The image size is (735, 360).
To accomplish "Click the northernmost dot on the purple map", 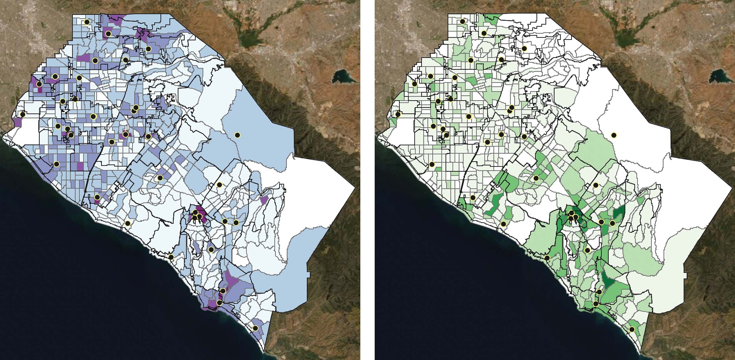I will pos(87,22).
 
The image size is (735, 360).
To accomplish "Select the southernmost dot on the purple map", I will pos(255,328).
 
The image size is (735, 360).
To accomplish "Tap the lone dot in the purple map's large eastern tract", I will pos(237,135).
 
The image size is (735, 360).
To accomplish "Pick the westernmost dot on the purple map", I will pos(23,114).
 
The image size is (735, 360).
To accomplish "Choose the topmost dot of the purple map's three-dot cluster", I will pos(195,212).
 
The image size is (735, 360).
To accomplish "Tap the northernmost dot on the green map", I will pos(462,21).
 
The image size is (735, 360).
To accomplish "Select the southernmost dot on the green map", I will pos(632,330).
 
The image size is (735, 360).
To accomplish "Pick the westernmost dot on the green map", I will pos(398,114).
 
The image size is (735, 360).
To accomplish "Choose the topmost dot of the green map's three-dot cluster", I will pos(571,213).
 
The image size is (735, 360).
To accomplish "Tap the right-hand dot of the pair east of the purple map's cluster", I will pos(236,222).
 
